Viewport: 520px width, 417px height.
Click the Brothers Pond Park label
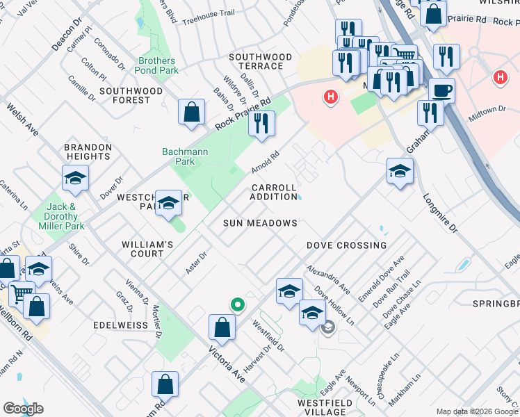point(158,65)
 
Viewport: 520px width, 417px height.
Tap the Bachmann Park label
point(178,156)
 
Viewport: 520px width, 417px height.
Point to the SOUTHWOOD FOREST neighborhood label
point(131,95)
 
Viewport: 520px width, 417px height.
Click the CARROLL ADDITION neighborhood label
point(274,192)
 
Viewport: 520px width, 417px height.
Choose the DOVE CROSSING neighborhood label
point(346,245)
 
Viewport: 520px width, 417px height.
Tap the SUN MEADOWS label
point(260,223)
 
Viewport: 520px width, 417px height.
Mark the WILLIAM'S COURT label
point(147,250)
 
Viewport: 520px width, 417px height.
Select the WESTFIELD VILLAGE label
point(322,407)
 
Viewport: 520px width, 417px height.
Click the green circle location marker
point(237,304)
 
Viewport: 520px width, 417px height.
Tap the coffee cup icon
point(441,90)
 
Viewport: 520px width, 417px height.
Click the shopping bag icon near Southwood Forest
point(191,112)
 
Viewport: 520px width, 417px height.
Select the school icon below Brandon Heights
point(75,179)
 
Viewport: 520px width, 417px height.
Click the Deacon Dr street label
point(67,34)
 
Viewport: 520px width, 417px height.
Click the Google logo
point(23,409)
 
